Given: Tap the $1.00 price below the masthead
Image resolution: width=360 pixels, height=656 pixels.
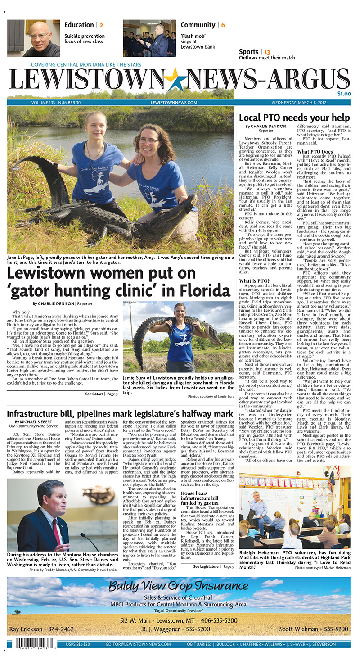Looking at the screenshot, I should point(344,94).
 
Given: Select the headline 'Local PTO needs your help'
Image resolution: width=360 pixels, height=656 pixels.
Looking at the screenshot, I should point(294,118).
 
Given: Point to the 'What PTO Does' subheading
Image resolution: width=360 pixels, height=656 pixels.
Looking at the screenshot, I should point(315,152).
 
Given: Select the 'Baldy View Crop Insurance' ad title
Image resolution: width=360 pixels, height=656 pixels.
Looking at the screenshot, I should point(178,586).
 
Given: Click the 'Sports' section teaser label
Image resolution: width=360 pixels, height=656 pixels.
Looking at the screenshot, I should point(249,52).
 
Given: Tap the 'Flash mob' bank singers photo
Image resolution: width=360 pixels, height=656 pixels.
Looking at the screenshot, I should point(149,38).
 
